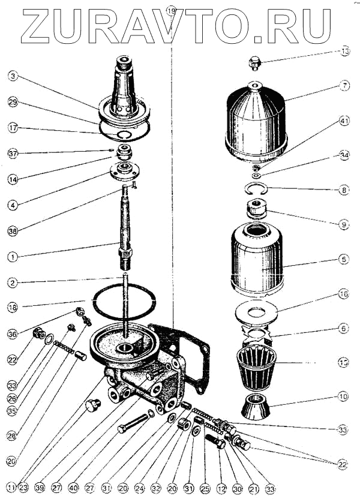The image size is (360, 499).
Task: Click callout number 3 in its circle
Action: (x=13, y=76)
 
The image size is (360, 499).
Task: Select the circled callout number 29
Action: (x=13, y=103)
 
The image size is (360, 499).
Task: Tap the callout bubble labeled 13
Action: (x=344, y=52)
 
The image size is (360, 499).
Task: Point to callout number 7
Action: (x=344, y=86)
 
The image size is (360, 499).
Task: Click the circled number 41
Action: (x=344, y=121)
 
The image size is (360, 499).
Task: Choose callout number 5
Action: (x=344, y=260)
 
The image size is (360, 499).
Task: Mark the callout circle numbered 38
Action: (x=13, y=230)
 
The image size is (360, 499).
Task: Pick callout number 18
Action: (x=13, y=306)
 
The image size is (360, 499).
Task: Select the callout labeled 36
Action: (x=13, y=333)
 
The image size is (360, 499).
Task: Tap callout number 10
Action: (x=344, y=396)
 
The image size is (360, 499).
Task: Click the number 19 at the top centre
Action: (x=172, y=11)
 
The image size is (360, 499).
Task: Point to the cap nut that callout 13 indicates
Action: (x=255, y=62)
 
